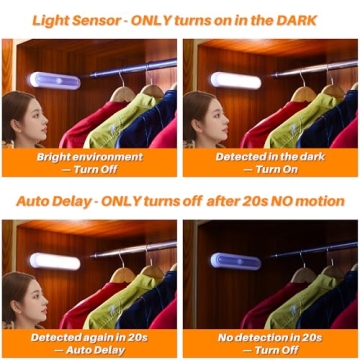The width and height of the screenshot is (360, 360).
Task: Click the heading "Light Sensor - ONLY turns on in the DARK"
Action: coord(180,20)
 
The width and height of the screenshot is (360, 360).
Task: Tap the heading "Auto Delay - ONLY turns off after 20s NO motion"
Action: coord(180,200)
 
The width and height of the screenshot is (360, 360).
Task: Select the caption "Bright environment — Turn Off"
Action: coord(89,163)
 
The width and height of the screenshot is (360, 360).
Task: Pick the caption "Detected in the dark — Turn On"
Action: coord(271,163)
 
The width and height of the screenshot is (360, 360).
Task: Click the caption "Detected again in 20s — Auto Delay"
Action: coord(89,343)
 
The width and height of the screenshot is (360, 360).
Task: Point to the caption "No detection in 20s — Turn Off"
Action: coord(271,343)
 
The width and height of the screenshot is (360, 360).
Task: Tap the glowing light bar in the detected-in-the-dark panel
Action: coord(236,80)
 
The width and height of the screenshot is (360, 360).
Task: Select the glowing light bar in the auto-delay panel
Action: coord(54,261)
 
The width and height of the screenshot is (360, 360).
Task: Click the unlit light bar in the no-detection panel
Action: coord(235,261)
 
